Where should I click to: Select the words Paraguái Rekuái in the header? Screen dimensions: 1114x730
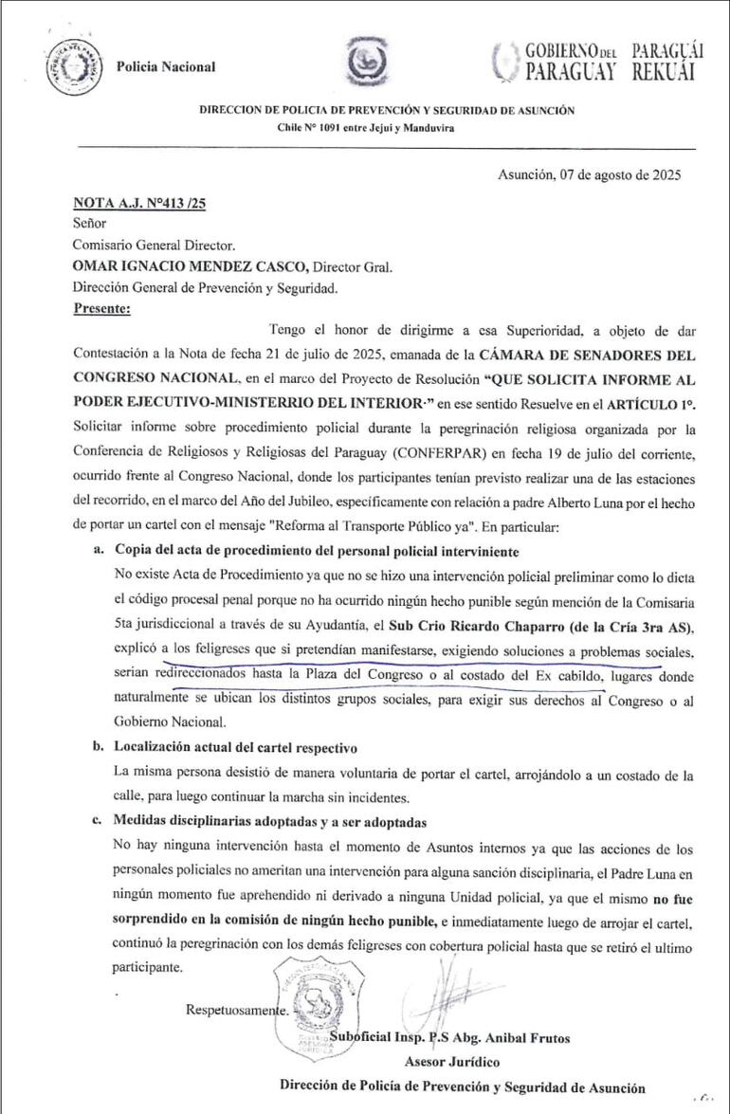(x=667, y=61)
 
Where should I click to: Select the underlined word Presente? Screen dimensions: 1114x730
(x=102, y=307)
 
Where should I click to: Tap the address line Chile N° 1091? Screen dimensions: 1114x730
(x=365, y=127)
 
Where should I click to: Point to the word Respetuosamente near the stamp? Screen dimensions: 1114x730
(x=238, y=1010)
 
